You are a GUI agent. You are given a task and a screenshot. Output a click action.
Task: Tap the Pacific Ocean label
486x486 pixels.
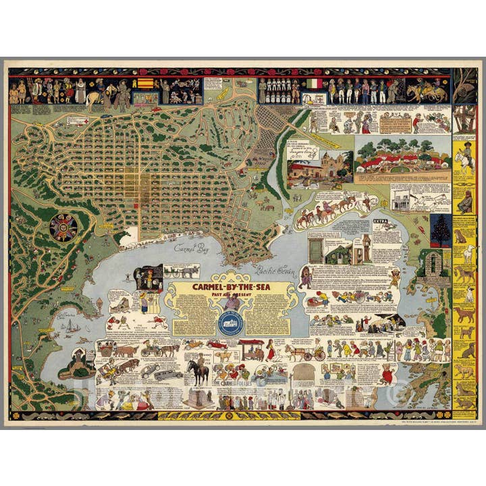272,268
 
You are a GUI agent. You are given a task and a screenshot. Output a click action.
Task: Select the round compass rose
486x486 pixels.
63,227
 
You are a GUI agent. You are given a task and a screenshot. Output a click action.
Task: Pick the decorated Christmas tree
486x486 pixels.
441,230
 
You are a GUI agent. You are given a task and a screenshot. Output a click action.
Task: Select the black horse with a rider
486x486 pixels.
198,372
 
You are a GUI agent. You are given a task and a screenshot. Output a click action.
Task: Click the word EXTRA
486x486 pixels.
382,221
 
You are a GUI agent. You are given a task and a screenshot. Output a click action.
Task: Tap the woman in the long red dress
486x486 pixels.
271,350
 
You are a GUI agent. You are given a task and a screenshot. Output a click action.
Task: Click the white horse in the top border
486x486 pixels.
92,99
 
